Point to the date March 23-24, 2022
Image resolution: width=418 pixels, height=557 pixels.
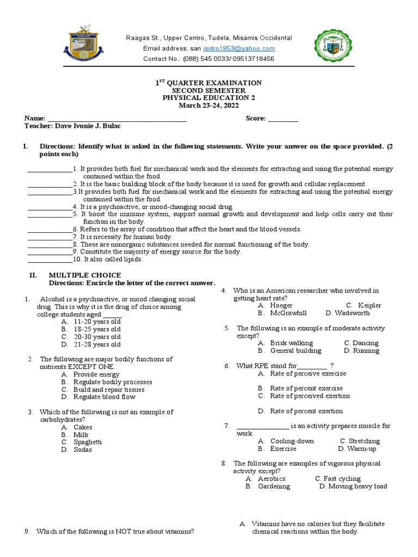(x=208, y=106)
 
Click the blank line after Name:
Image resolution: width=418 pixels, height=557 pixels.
(x=117, y=119)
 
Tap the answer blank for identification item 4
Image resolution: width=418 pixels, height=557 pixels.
(x=50, y=207)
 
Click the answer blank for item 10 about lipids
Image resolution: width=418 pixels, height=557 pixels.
(x=50, y=260)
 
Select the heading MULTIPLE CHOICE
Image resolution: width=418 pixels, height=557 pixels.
(x=85, y=275)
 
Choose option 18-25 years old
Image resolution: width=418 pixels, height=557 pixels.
(x=97, y=329)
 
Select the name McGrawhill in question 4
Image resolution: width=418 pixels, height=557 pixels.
(x=288, y=313)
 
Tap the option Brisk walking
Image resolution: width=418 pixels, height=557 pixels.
(x=291, y=343)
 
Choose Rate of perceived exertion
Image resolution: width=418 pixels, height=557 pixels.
(x=310, y=396)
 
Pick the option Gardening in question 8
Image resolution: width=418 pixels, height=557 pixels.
(x=273, y=486)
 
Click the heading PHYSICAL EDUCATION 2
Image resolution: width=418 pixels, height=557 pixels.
(x=208, y=98)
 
